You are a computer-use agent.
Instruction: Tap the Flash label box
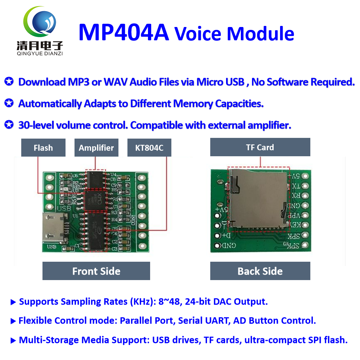[x=43, y=148]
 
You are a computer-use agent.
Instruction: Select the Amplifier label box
[x=96, y=148]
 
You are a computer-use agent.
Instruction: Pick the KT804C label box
[x=149, y=148]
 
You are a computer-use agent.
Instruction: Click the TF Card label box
[x=260, y=147]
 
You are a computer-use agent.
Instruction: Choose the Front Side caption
[x=96, y=271]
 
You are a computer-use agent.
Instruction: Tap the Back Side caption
[x=260, y=271]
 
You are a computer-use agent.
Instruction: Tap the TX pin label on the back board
[x=295, y=186]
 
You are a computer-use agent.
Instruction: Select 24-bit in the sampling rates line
[x=197, y=302]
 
